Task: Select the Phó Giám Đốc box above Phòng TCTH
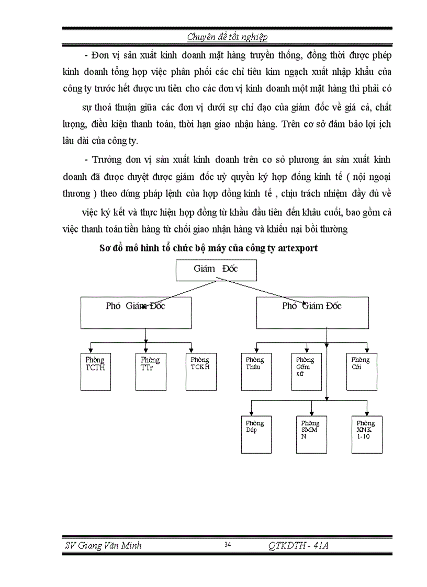pyautogui.click(x=145, y=313)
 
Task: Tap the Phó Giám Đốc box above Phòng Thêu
pyautogui.click(x=312, y=313)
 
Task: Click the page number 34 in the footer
pyautogui.click(x=228, y=545)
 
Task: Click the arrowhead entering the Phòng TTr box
pyautogui.click(x=145, y=350)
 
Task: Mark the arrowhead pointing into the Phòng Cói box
pyautogui.click(x=367, y=350)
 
